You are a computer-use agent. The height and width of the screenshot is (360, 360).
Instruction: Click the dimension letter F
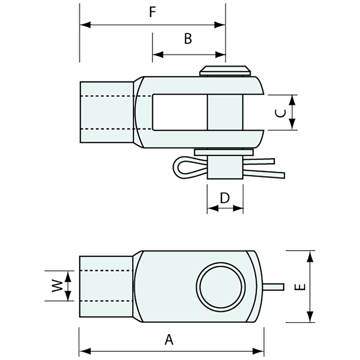coord(152,12)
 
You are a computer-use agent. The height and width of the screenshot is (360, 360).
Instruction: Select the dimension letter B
coord(188,39)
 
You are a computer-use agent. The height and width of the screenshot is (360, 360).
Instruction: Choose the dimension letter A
coord(169,340)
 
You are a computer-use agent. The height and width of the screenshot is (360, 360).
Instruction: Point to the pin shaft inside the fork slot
coord(225,112)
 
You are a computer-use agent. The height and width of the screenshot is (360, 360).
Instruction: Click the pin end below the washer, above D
coord(225,167)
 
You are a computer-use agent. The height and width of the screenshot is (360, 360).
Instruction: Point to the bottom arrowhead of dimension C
coord(292,124)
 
